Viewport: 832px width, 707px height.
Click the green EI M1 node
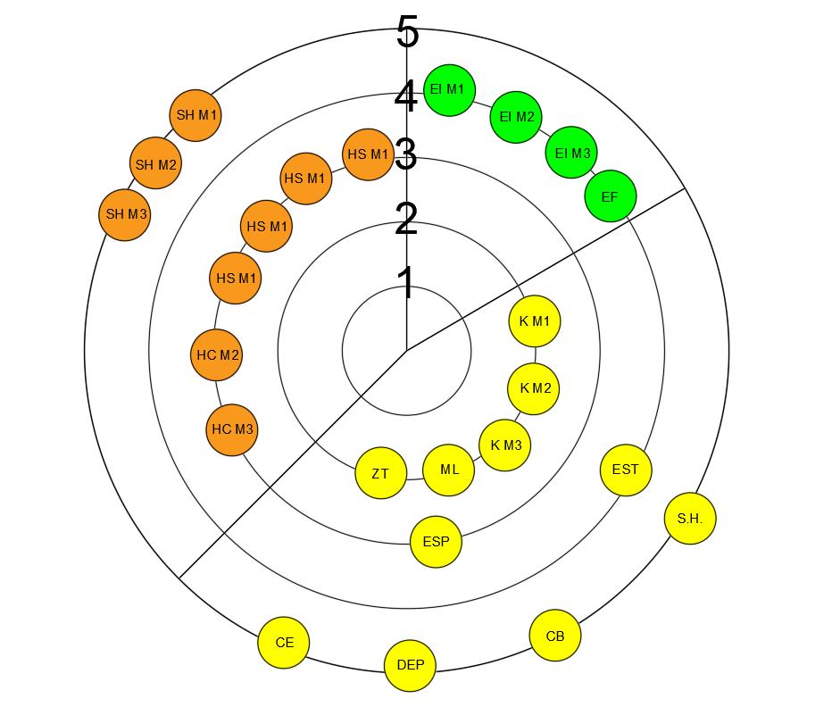[449, 90]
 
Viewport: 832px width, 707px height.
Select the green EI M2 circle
[516, 117]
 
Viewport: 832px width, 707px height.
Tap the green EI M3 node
[571, 153]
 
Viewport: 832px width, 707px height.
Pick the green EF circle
[610, 195]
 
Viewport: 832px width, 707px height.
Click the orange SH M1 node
[195, 116]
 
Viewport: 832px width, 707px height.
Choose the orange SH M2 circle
[155, 165]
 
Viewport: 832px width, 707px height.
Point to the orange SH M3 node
[124, 215]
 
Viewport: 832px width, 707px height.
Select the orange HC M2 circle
[217, 355]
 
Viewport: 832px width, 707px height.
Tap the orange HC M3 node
[232, 430]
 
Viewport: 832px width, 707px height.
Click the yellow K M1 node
[535, 321]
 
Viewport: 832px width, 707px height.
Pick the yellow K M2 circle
[534, 389]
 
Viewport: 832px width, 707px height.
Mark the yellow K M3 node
[505, 445]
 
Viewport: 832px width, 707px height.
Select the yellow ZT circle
[380, 473]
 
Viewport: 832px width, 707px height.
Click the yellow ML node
[449, 470]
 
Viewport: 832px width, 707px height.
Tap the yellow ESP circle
[436, 541]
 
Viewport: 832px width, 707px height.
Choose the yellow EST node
[626, 469]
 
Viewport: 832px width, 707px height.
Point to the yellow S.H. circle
[690, 519]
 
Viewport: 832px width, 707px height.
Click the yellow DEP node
[411, 665]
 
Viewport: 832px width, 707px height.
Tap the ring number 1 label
[406, 283]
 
